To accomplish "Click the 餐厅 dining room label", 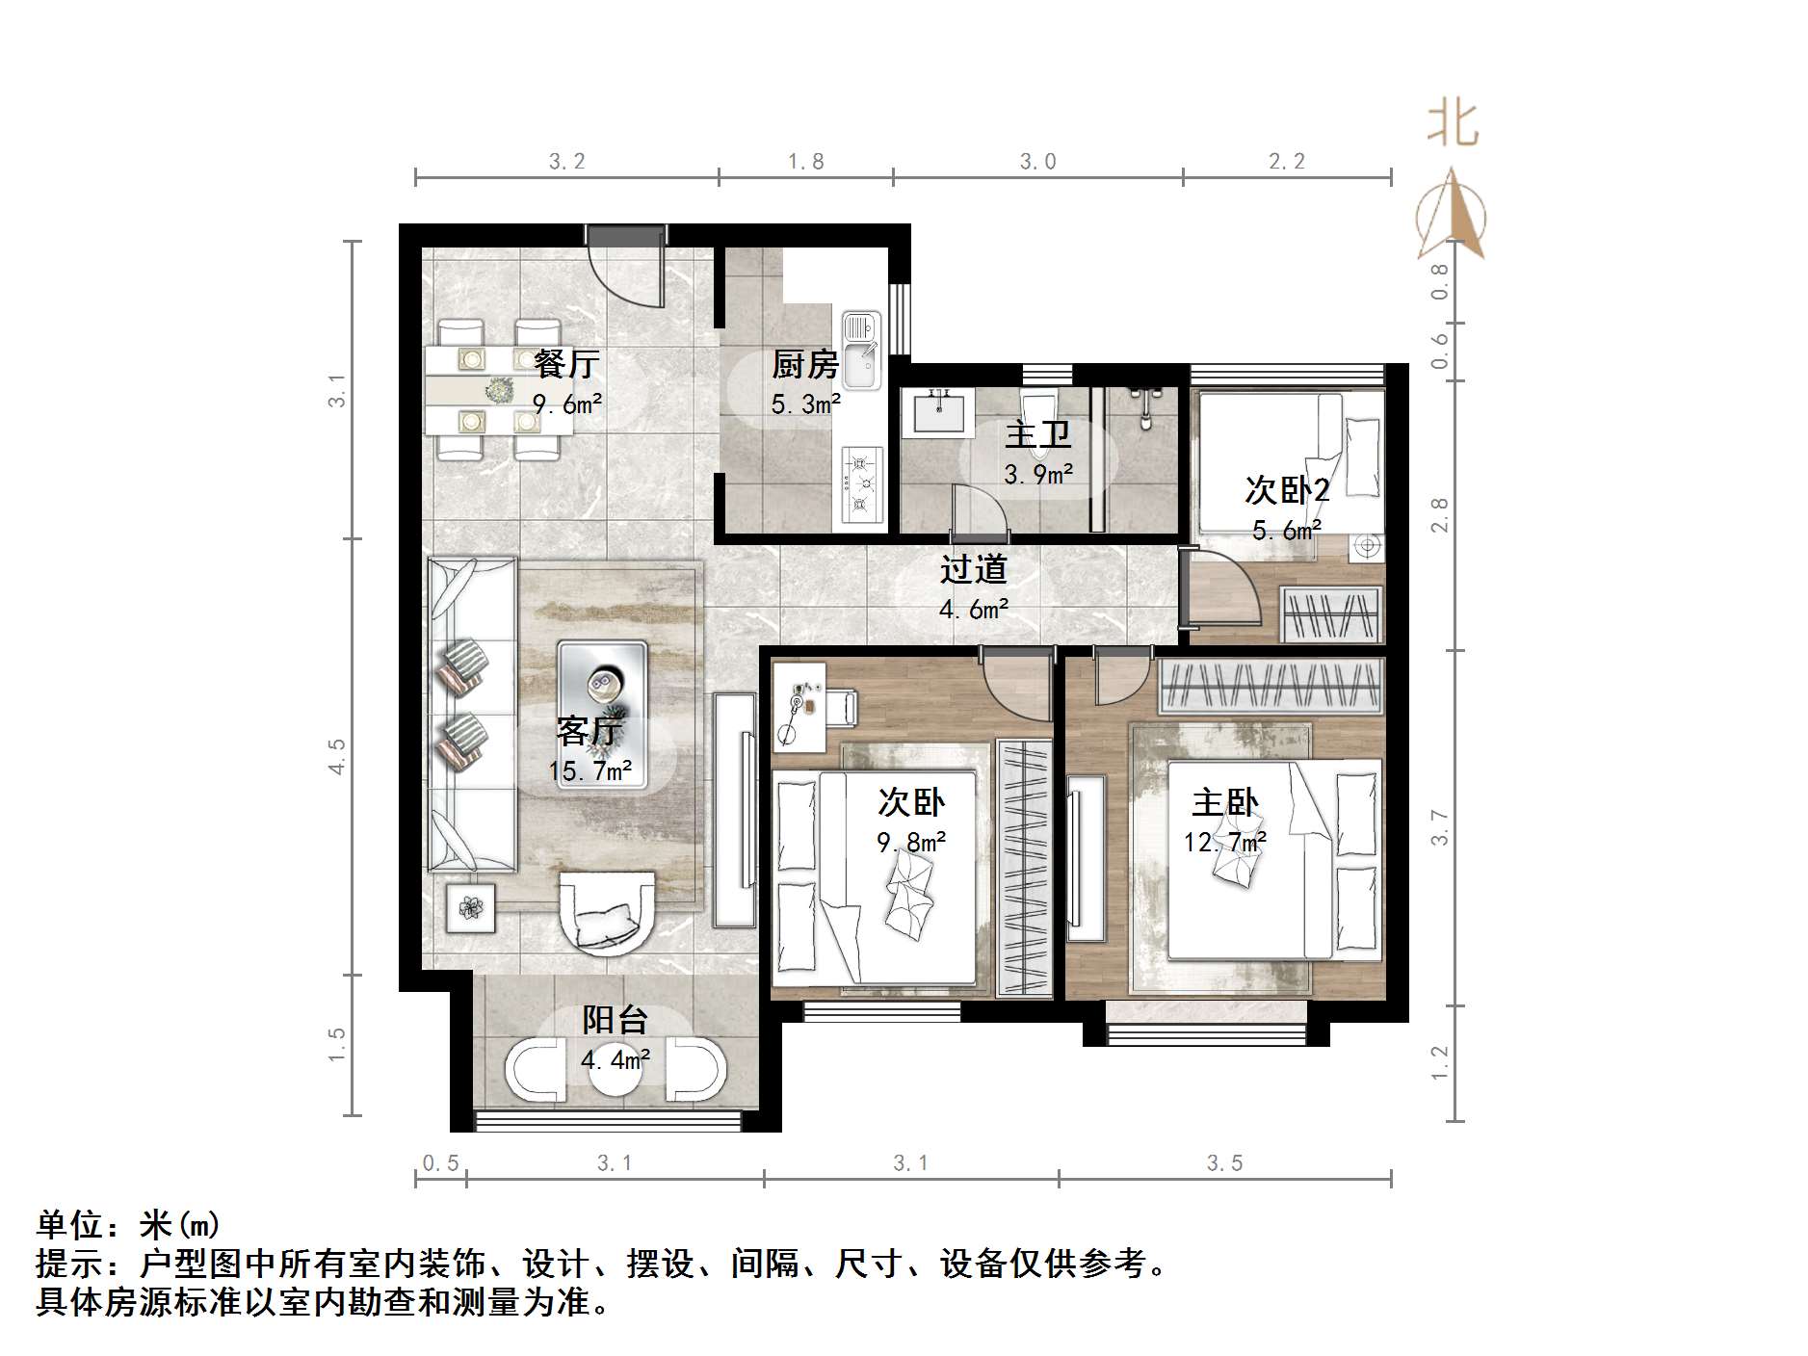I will (x=566, y=364).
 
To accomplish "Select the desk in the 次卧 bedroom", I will (x=799, y=706).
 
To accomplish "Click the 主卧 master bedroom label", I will (x=1224, y=802).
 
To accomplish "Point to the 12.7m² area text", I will (x=1224, y=843).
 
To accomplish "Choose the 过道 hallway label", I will (x=973, y=569).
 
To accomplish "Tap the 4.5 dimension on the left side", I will (x=336, y=756).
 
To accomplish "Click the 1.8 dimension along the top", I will (x=805, y=162).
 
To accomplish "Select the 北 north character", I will (x=1452, y=125).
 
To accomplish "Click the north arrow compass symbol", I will (x=1451, y=217).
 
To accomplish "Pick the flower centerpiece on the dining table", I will (x=499, y=390).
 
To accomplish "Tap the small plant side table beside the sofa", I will (x=470, y=906).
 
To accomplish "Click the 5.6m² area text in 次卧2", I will (x=1286, y=530).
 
